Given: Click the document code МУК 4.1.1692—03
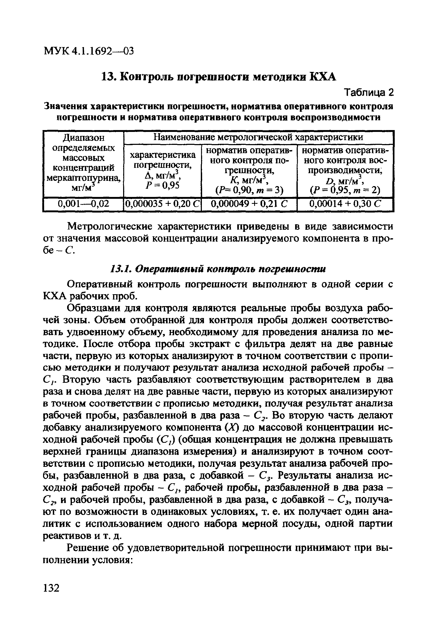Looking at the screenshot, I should tap(88, 51).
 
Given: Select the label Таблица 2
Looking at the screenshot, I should tap(369, 93).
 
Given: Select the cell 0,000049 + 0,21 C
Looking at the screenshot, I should tap(249, 204).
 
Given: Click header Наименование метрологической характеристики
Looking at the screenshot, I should tap(258, 137).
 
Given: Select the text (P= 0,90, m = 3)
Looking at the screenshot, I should tap(249, 190).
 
